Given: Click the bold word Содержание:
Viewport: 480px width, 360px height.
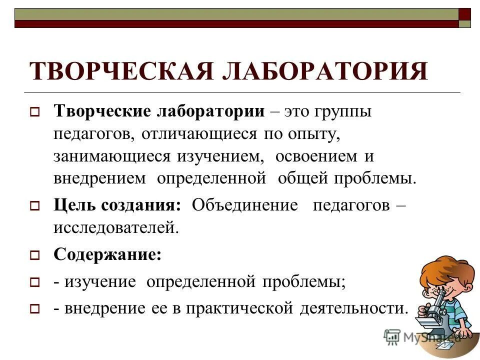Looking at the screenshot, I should pos(107,254).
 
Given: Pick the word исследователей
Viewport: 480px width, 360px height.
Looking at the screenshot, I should pos(116,228).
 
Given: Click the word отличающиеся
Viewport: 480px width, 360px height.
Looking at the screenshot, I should pos(198,134).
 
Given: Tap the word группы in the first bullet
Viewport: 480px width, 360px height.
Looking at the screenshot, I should pos(343,112).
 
